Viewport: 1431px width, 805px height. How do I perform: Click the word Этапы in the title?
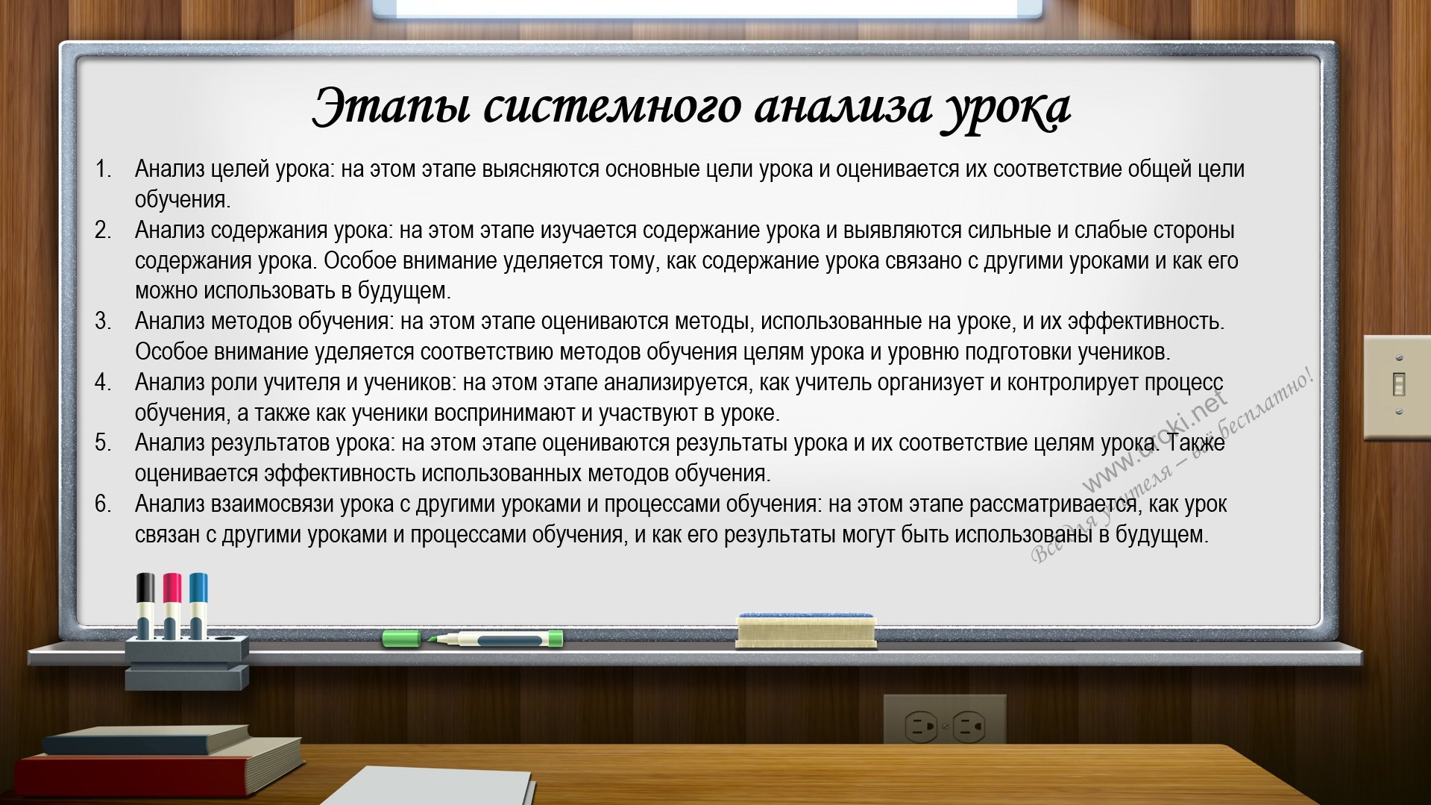click(x=391, y=106)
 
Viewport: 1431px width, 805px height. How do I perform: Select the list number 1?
click(x=103, y=169)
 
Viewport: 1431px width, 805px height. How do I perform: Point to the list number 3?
click(x=103, y=322)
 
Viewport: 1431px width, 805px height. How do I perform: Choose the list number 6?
click(x=103, y=504)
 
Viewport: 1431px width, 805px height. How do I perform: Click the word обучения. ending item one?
click(x=183, y=200)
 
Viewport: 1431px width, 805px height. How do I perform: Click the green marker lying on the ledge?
click(x=473, y=639)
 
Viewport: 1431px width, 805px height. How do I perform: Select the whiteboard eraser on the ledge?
click(x=806, y=630)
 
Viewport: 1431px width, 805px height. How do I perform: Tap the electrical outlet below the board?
click(x=944, y=722)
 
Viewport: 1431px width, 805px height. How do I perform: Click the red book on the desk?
click(x=157, y=769)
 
